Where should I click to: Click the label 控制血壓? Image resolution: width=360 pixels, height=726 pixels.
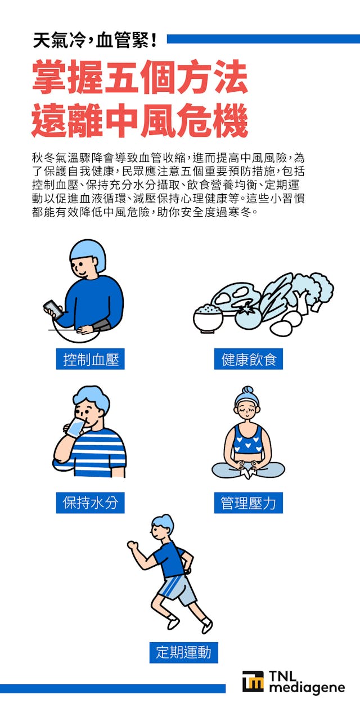point(90,359)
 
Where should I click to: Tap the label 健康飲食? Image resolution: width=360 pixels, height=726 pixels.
point(248,359)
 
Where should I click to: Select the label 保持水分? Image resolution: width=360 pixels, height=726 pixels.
point(90,503)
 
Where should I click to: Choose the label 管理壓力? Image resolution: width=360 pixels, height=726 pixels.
point(248,503)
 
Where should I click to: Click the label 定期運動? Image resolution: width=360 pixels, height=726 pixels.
point(183,652)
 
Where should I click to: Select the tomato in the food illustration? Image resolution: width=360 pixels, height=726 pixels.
point(247,317)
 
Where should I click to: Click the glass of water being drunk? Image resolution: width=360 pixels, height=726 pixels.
point(74,428)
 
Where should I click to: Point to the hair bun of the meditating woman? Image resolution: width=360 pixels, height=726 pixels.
point(247,390)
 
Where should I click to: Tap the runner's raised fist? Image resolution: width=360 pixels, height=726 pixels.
point(133,545)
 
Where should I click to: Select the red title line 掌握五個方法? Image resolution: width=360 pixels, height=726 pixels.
point(139,79)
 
